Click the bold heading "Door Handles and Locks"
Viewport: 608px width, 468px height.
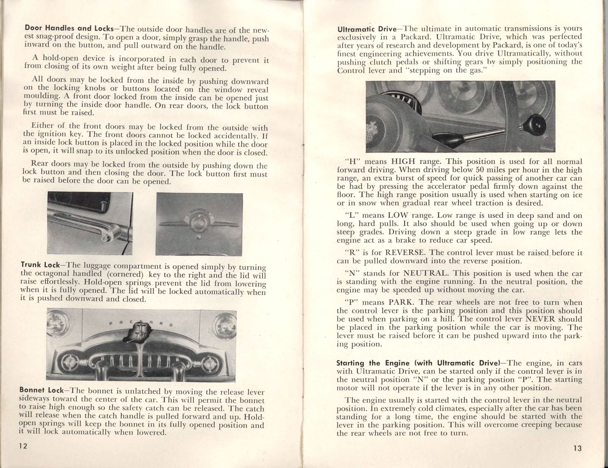[69, 28]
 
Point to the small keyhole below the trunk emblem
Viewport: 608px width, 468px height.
[199, 237]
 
